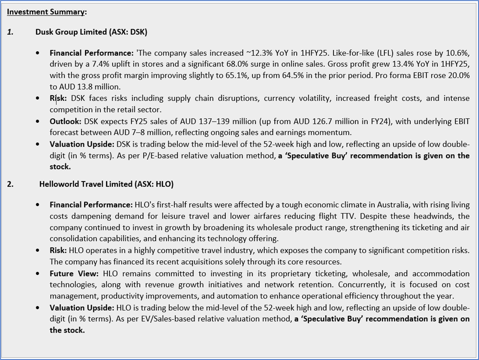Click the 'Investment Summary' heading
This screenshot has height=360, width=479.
[x=45, y=12]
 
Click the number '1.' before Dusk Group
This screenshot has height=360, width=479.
[x=10, y=32]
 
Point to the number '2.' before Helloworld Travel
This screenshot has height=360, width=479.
[x=10, y=184]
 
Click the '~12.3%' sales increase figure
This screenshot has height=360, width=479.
[x=259, y=53]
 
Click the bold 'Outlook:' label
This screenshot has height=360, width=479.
[x=65, y=121]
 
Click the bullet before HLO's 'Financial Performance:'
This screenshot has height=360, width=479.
[x=39, y=205]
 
